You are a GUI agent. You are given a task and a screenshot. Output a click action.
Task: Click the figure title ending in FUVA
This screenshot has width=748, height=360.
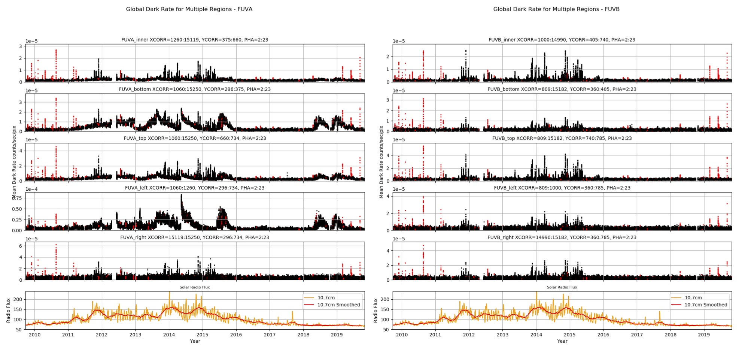pos(189,9)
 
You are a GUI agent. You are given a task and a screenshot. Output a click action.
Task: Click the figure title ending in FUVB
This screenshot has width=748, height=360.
pos(556,9)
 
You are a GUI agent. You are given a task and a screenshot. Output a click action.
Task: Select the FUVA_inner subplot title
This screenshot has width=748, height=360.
pos(195,40)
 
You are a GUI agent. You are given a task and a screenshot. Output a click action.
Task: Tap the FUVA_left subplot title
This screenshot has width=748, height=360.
pos(195,188)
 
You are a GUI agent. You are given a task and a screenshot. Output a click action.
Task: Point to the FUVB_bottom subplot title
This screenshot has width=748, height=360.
pos(562,89)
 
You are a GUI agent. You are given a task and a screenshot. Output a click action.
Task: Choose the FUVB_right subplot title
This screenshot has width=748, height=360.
pos(562,238)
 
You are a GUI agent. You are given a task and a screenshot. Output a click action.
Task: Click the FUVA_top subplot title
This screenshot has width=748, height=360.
pos(195,139)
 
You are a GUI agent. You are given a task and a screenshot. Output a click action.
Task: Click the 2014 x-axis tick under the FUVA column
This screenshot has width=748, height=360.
pos(169,335)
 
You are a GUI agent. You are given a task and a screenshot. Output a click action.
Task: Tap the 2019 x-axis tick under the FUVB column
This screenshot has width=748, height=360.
pos(704,335)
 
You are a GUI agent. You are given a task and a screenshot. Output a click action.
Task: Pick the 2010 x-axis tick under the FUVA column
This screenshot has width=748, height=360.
pos(34,335)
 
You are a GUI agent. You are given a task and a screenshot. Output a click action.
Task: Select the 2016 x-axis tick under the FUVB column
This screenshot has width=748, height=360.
pos(603,335)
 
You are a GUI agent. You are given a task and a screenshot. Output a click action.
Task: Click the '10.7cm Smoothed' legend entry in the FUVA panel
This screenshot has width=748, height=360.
pos(338,305)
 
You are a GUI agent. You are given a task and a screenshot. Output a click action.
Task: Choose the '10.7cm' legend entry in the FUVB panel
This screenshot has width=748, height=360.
pos(693,298)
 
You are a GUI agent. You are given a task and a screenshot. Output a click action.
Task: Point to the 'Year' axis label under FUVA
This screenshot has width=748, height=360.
pos(195,341)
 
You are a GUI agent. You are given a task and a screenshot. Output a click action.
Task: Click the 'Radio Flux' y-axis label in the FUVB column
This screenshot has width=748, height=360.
pos(375,311)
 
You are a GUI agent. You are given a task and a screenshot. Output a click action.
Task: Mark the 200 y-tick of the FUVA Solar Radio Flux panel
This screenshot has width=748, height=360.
pos(18,299)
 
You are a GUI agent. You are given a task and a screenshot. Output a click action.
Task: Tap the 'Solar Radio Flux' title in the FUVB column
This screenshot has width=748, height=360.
pos(562,287)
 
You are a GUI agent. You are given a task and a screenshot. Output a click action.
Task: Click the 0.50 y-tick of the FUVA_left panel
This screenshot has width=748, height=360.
pos(17,209)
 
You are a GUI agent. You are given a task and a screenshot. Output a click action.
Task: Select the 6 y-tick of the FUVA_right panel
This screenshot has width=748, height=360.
pos(21,246)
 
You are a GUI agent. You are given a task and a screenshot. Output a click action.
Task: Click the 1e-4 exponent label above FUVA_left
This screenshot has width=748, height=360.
pos(31,189)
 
